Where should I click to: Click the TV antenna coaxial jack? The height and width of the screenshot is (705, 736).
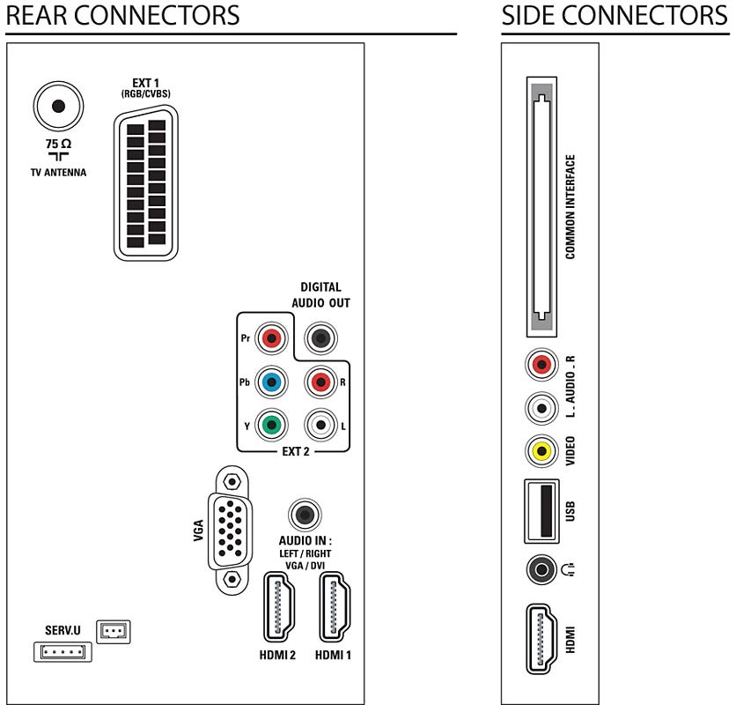(58, 107)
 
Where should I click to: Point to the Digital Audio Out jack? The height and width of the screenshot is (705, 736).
(319, 338)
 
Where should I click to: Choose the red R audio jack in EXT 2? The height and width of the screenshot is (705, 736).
(320, 382)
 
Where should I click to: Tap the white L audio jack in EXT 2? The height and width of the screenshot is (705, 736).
(320, 425)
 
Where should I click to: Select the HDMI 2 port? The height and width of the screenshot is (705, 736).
(279, 607)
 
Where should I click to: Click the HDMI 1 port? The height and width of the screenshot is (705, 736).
(335, 607)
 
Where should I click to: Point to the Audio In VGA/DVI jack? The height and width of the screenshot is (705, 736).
(305, 514)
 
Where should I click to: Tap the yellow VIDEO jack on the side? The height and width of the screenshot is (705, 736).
(541, 451)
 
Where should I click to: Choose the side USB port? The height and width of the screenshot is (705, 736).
(541, 509)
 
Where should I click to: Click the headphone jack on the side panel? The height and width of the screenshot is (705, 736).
(541, 570)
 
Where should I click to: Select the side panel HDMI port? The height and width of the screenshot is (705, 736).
(541, 639)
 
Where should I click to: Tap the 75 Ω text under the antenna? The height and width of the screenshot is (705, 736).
(59, 144)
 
